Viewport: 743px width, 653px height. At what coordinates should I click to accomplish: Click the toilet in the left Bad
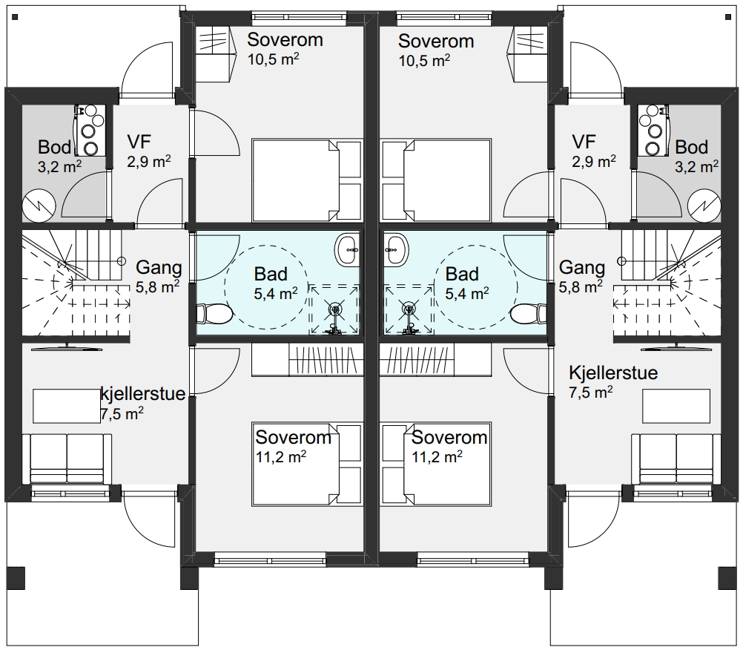click(x=214, y=313)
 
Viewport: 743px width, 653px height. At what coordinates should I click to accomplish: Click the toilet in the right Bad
click(x=529, y=313)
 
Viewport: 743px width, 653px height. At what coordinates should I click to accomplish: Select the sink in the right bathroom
click(x=396, y=249)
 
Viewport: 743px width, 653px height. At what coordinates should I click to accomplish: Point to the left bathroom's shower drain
click(x=335, y=309)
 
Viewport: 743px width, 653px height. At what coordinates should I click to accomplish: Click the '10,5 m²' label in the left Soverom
click(x=273, y=60)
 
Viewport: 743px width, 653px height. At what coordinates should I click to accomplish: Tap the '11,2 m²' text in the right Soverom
click(x=437, y=457)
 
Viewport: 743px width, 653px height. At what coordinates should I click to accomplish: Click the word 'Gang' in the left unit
click(x=159, y=268)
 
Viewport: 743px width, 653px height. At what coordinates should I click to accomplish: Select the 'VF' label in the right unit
click(x=584, y=142)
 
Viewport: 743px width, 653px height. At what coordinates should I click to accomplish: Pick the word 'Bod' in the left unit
click(x=54, y=147)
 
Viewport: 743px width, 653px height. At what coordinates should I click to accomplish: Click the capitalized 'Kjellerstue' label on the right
click(x=613, y=373)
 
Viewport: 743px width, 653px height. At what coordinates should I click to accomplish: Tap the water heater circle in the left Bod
click(x=39, y=206)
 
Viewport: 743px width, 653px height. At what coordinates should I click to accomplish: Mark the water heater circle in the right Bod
click(x=704, y=206)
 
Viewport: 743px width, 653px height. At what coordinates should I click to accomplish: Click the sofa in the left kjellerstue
click(x=67, y=458)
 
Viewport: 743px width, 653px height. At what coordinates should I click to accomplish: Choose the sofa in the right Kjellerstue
click(x=676, y=458)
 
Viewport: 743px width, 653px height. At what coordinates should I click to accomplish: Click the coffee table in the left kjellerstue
click(x=66, y=406)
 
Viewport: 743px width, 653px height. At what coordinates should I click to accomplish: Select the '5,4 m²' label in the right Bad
click(x=467, y=294)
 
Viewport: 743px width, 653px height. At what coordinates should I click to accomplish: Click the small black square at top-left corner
click(x=15, y=17)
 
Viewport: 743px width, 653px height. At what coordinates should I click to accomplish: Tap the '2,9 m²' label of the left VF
click(x=149, y=162)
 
